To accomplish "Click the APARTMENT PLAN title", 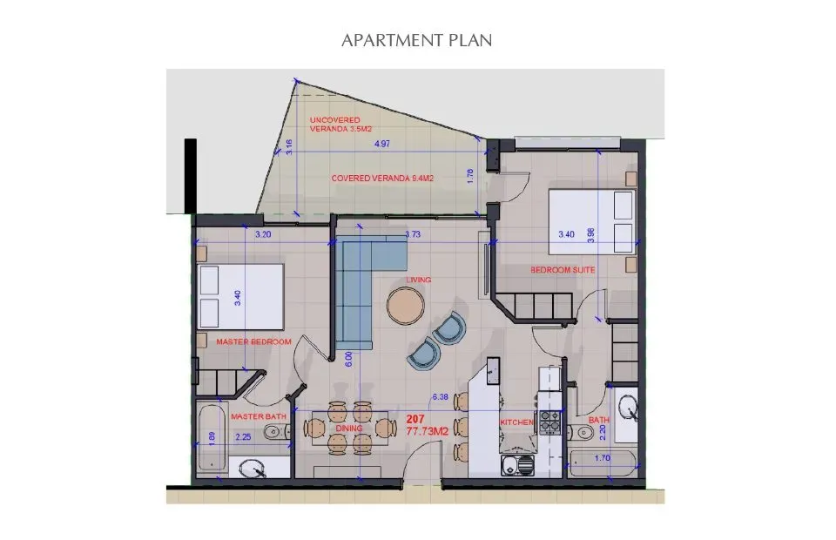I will coord(418,41).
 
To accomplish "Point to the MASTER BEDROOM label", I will coord(253,341).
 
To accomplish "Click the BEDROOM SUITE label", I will coord(563,270).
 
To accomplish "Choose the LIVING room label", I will coord(420,280).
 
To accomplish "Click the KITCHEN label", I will coord(516,422).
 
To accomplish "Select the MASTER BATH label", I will coord(259,416).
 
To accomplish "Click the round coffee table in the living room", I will coord(407,305).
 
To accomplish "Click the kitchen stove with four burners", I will coord(550,422).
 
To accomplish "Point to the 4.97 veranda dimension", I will coord(381,145).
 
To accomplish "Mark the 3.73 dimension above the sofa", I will coord(415,234).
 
